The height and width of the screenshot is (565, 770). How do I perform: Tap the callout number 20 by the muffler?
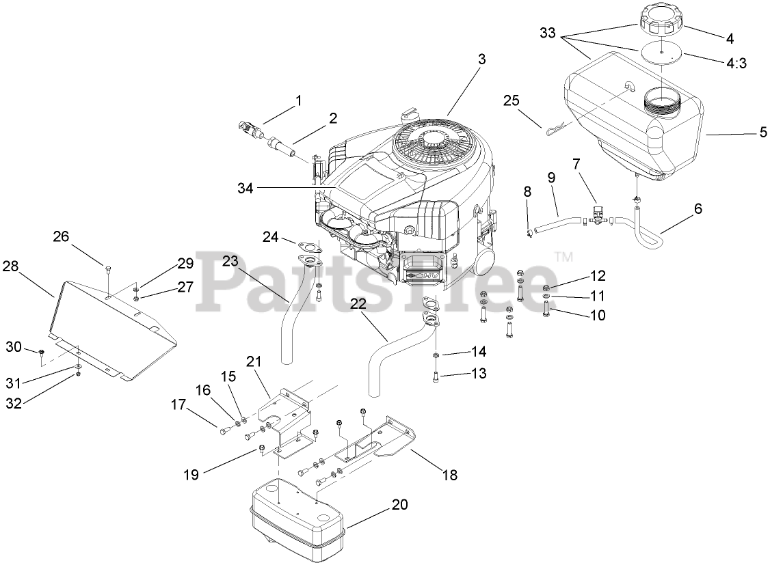399,505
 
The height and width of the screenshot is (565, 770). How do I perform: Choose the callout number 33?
548,32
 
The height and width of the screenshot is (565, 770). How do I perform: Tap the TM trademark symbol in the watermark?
563,257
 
